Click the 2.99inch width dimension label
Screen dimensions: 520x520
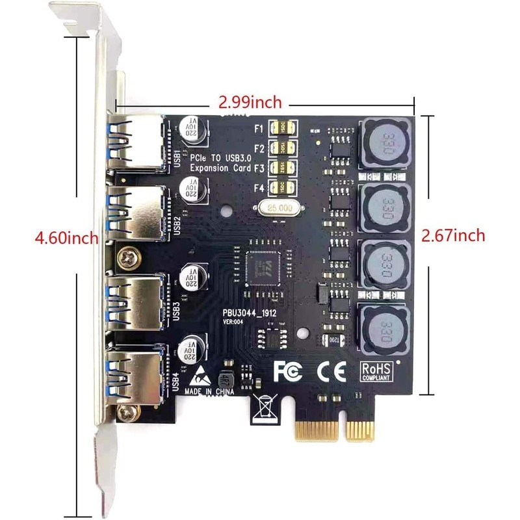click(x=250, y=102)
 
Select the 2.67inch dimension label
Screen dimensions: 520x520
click(x=453, y=235)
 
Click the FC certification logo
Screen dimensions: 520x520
click(x=289, y=370)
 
